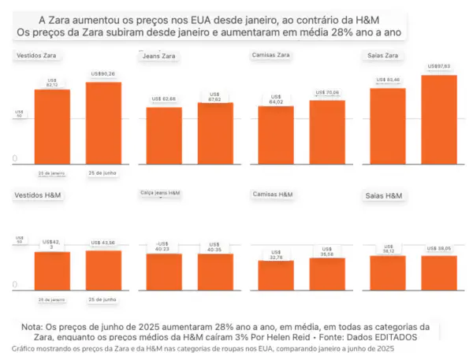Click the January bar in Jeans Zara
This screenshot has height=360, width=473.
[x=164, y=135]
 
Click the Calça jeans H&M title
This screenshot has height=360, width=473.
[x=161, y=192]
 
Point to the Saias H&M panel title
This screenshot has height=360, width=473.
[x=385, y=195]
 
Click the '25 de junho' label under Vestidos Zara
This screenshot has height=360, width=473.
[x=104, y=172]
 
